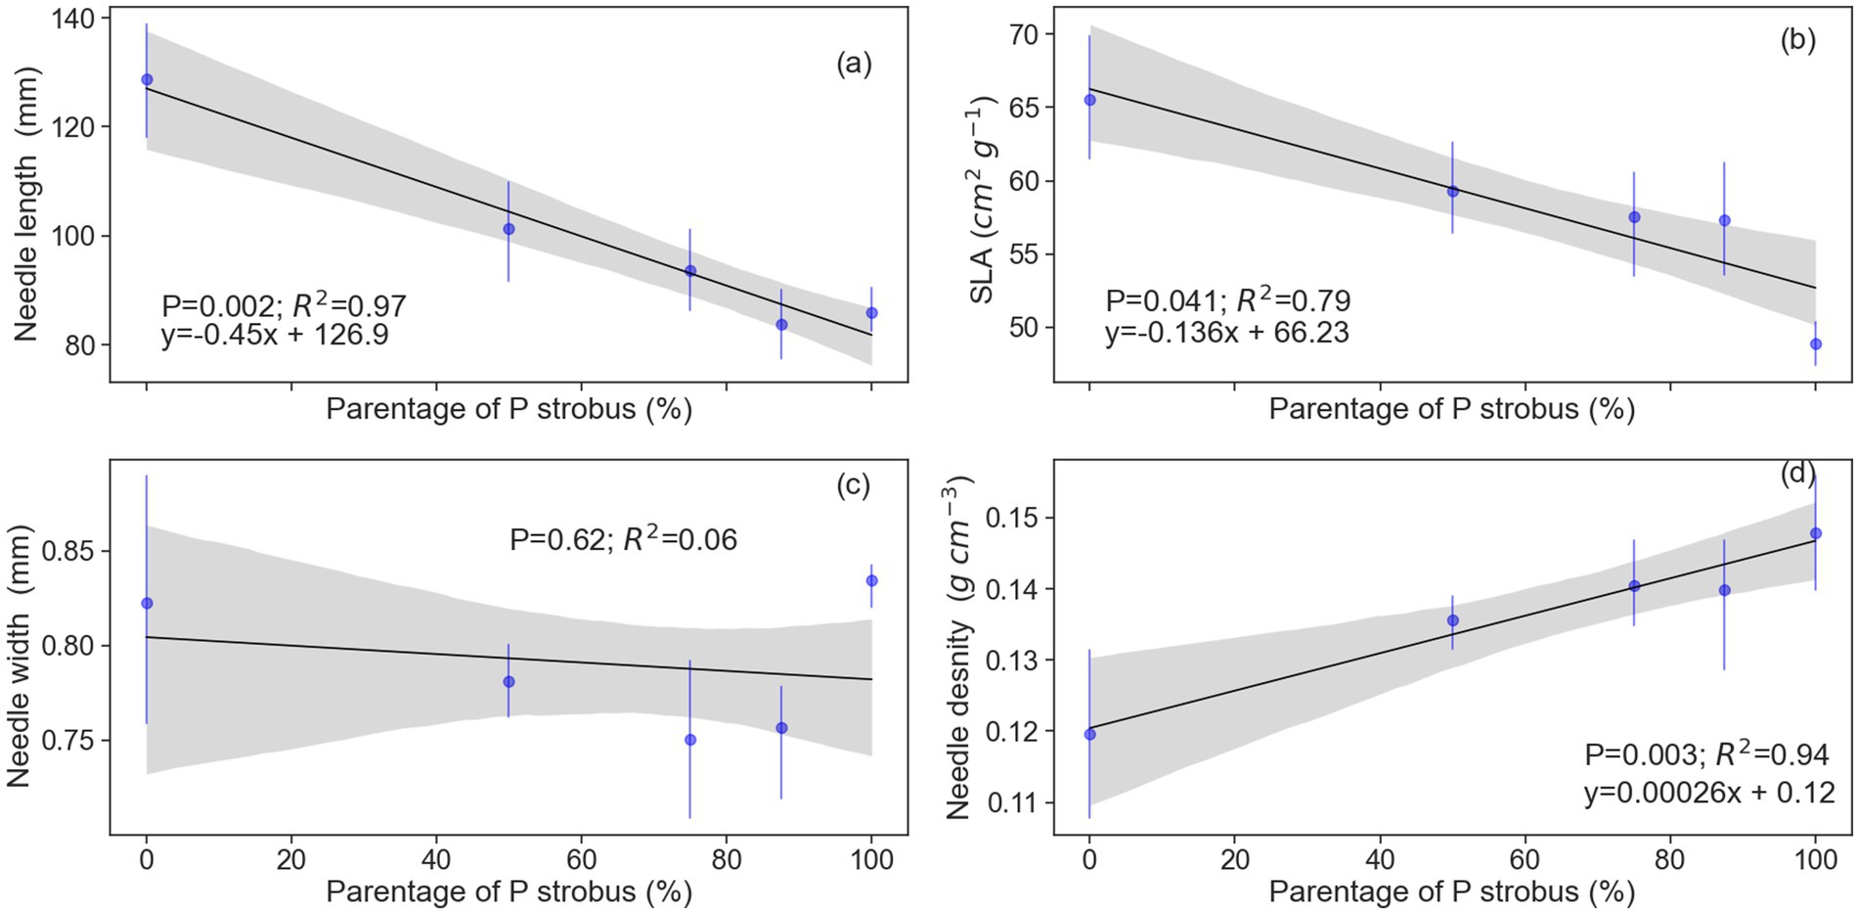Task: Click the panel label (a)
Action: [x=853, y=65]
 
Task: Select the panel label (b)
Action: [x=1797, y=40]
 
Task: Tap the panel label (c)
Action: [x=853, y=485]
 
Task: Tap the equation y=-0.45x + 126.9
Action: [x=275, y=336]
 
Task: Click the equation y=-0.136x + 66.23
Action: [x=1226, y=333]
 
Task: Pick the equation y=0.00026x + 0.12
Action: [x=1709, y=792]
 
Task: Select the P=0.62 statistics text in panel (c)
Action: [x=623, y=539]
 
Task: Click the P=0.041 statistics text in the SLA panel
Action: [x=1228, y=300]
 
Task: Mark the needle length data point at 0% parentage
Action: [x=147, y=79]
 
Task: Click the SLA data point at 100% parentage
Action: [x=1816, y=343]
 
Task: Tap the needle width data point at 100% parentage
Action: [x=871, y=580]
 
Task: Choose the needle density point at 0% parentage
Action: [x=1089, y=734]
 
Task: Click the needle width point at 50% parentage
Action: [x=509, y=681]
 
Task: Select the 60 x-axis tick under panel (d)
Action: [x=1525, y=862]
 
